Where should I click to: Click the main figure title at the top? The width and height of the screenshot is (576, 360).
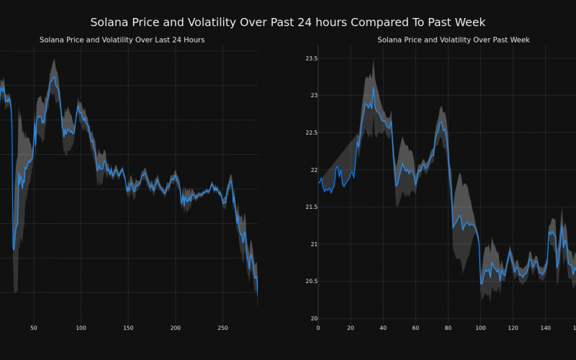pos(288,22)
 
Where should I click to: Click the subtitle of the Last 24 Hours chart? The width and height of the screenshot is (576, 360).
pos(122,40)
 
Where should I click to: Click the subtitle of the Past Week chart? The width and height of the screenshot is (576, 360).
pos(454,40)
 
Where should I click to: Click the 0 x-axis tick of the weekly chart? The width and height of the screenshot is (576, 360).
pos(318,328)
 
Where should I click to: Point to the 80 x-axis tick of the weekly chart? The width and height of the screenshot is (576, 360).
pos(448,328)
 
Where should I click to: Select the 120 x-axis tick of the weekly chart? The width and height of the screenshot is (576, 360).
pos(513,328)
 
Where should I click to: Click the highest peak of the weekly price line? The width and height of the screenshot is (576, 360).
pos(372,88)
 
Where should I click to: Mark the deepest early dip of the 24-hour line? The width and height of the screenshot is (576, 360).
pos(14,249)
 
